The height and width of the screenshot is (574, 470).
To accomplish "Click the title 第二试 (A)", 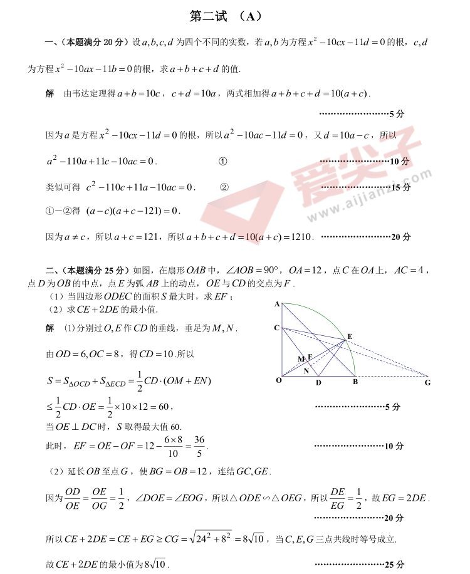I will click(x=225, y=17).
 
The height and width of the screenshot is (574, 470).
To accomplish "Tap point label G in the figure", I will click(x=427, y=382).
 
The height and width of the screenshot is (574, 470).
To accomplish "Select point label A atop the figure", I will click(x=276, y=305).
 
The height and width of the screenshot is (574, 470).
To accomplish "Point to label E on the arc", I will click(x=349, y=337).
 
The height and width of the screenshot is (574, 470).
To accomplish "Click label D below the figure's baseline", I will click(x=318, y=382).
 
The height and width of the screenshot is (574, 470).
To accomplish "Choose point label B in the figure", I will click(x=354, y=382).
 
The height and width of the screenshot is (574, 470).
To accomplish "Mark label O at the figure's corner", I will click(x=278, y=380).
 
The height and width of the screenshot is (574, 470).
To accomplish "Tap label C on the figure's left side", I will click(x=276, y=328).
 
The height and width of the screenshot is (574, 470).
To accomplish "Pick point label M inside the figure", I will click(x=301, y=359).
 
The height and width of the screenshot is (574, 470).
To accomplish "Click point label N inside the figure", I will click(x=306, y=370).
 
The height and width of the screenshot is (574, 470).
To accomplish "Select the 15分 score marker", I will click(x=400, y=187).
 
